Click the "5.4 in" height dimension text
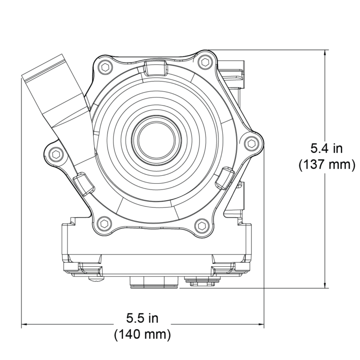[x=327, y=149]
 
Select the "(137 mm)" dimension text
[x=327, y=165]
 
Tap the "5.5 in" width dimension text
[x=142, y=318]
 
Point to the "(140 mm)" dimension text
[x=142, y=335]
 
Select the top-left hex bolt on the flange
[x=104, y=67]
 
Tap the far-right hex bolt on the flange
[x=252, y=143]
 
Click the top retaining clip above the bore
[x=155, y=68]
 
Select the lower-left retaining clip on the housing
[x=83, y=184]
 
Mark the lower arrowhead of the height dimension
[x=326, y=284]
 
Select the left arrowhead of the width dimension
[x=25, y=323]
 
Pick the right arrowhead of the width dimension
[x=261, y=323]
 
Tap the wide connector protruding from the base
[x=154, y=282]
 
